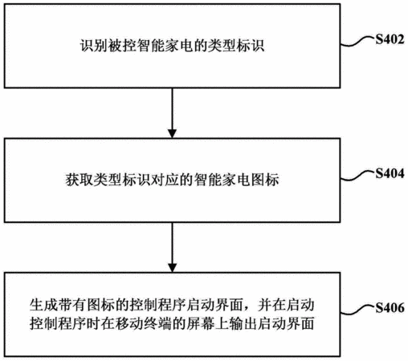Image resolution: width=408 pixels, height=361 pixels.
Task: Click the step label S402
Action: tap(390, 39)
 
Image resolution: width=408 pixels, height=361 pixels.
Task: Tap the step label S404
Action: tap(390, 173)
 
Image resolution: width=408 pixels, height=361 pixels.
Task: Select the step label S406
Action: tap(390, 308)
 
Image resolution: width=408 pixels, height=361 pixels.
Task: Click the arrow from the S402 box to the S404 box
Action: tap(172, 113)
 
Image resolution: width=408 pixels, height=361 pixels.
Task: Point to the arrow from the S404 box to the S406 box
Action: tap(172, 247)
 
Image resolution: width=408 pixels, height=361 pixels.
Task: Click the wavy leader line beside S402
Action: tap(357, 42)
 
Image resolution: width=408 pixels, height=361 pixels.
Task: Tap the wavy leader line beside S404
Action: tap(357, 176)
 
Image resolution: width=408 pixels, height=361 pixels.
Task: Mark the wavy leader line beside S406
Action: tap(357, 310)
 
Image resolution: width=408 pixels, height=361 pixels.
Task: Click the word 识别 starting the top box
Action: tap(93, 46)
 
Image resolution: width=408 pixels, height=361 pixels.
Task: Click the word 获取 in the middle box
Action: tap(80, 180)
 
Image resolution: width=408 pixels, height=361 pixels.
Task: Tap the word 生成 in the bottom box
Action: tap(43, 305)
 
